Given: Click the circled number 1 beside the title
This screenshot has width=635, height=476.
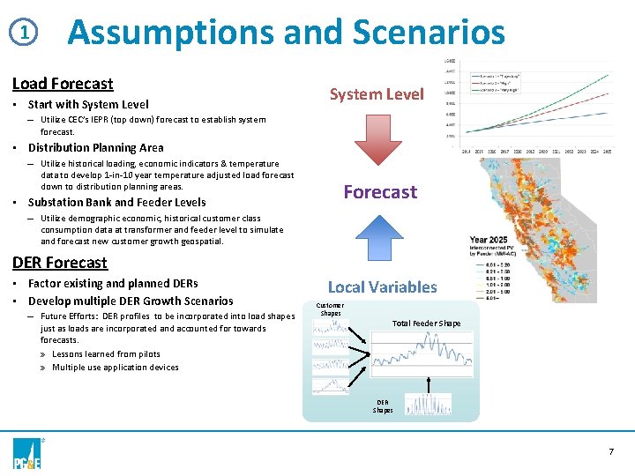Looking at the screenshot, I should click(27, 33).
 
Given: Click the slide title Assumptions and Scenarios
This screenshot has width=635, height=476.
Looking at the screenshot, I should click(286, 33).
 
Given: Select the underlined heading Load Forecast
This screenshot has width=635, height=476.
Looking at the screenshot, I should click(63, 84).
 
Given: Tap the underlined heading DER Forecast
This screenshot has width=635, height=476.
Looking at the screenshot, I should click(60, 263).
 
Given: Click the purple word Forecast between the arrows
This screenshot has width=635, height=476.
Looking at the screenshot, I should click(380, 191).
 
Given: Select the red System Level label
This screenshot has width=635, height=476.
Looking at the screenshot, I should click(377, 94).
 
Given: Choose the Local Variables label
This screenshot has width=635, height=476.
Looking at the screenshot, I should click(382, 286).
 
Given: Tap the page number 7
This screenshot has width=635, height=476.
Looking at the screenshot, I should click(610, 451).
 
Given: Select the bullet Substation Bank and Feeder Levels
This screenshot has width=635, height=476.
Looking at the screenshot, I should click(116, 203).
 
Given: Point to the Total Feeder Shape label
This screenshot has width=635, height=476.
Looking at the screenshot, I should click(426, 324).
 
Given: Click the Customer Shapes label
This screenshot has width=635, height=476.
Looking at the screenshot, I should click(331, 309).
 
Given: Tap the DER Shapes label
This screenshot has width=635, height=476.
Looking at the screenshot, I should click(383, 405).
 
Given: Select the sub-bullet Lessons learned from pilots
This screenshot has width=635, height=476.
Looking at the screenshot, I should click(106, 353).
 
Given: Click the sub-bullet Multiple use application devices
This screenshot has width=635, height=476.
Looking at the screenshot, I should click(115, 368).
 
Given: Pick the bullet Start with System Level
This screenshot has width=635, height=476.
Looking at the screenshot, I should click(88, 105).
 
